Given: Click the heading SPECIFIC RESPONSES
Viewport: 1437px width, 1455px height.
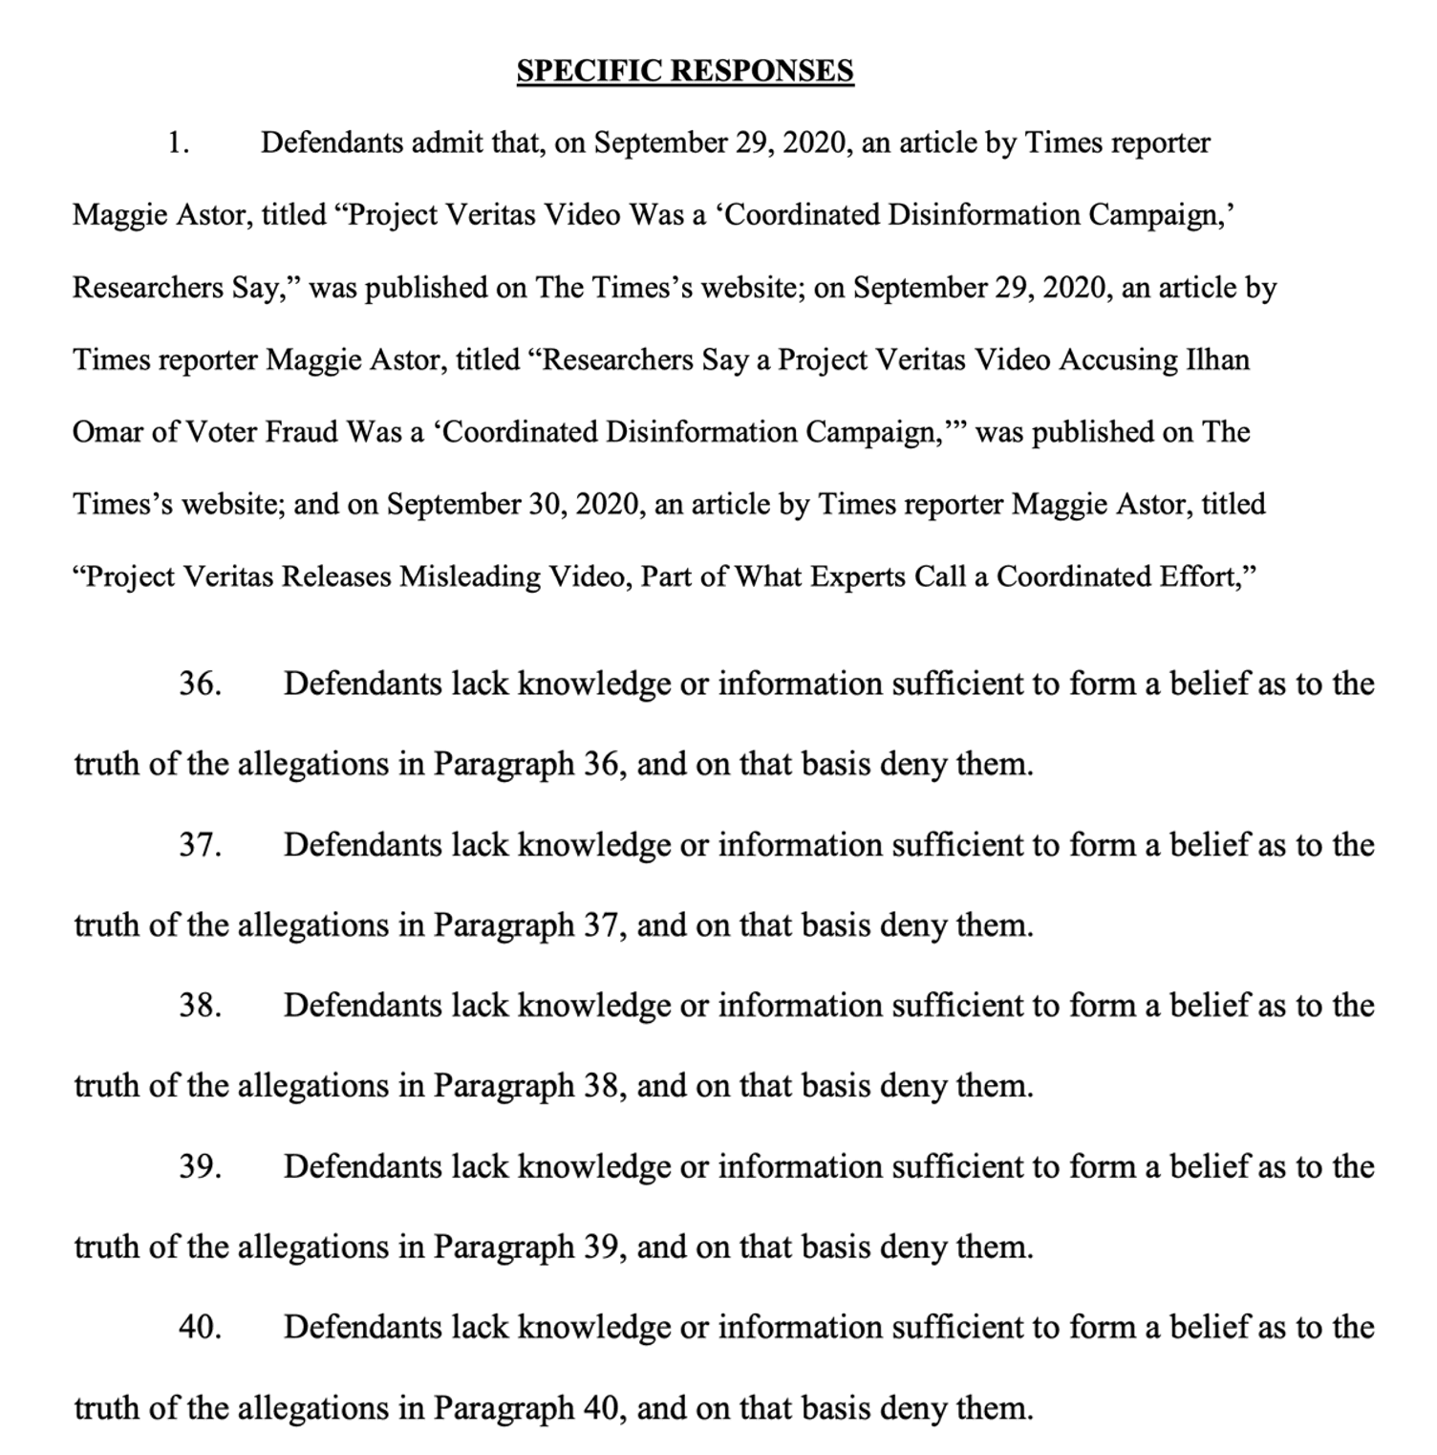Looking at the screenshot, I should [685, 71].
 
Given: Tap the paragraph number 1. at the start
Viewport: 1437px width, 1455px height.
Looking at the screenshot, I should [178, 143].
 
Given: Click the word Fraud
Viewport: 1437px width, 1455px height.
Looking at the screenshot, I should [300, 432].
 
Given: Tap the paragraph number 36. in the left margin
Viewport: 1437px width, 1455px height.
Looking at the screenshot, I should [200, 684].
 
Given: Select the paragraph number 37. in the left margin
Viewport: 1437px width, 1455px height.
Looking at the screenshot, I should [200, 845].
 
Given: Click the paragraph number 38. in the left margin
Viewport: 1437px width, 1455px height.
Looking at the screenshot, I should [200, 1006].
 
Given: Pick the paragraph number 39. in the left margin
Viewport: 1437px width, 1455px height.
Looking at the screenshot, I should [200, 1166].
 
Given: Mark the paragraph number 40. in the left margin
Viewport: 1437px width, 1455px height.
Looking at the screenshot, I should [200, 1327].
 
